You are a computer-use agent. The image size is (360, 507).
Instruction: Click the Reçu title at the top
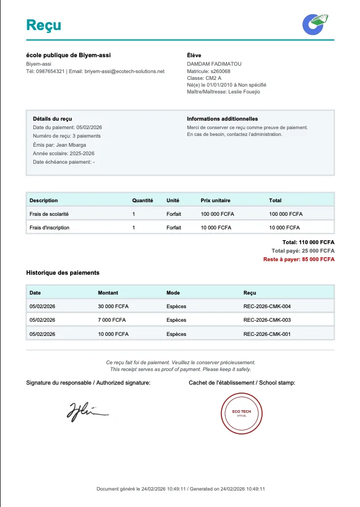pos(44,25)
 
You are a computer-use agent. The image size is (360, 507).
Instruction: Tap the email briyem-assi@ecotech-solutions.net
pos(124,71)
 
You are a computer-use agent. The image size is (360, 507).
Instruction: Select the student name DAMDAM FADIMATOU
pos(214,64)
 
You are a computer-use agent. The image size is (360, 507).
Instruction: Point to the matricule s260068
pos(220,71)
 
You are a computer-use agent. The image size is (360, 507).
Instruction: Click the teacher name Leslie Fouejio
pos(244,92)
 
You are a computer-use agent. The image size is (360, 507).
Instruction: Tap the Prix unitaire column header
pos(216,201)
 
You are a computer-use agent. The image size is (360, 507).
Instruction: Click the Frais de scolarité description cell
pos(49,214)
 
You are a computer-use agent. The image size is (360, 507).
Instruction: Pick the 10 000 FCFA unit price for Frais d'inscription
pos(216,228)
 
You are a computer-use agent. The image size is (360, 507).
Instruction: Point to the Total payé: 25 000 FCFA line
pos(303,251)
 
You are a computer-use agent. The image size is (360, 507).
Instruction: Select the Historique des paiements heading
pos(63,272)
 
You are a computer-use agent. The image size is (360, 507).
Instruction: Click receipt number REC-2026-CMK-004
pos(267,306)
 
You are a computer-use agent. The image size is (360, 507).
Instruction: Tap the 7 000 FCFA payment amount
pos(112,320)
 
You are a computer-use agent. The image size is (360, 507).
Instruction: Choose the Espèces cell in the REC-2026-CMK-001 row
pos(176,334)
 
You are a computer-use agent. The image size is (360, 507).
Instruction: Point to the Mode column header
pos(173,293)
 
